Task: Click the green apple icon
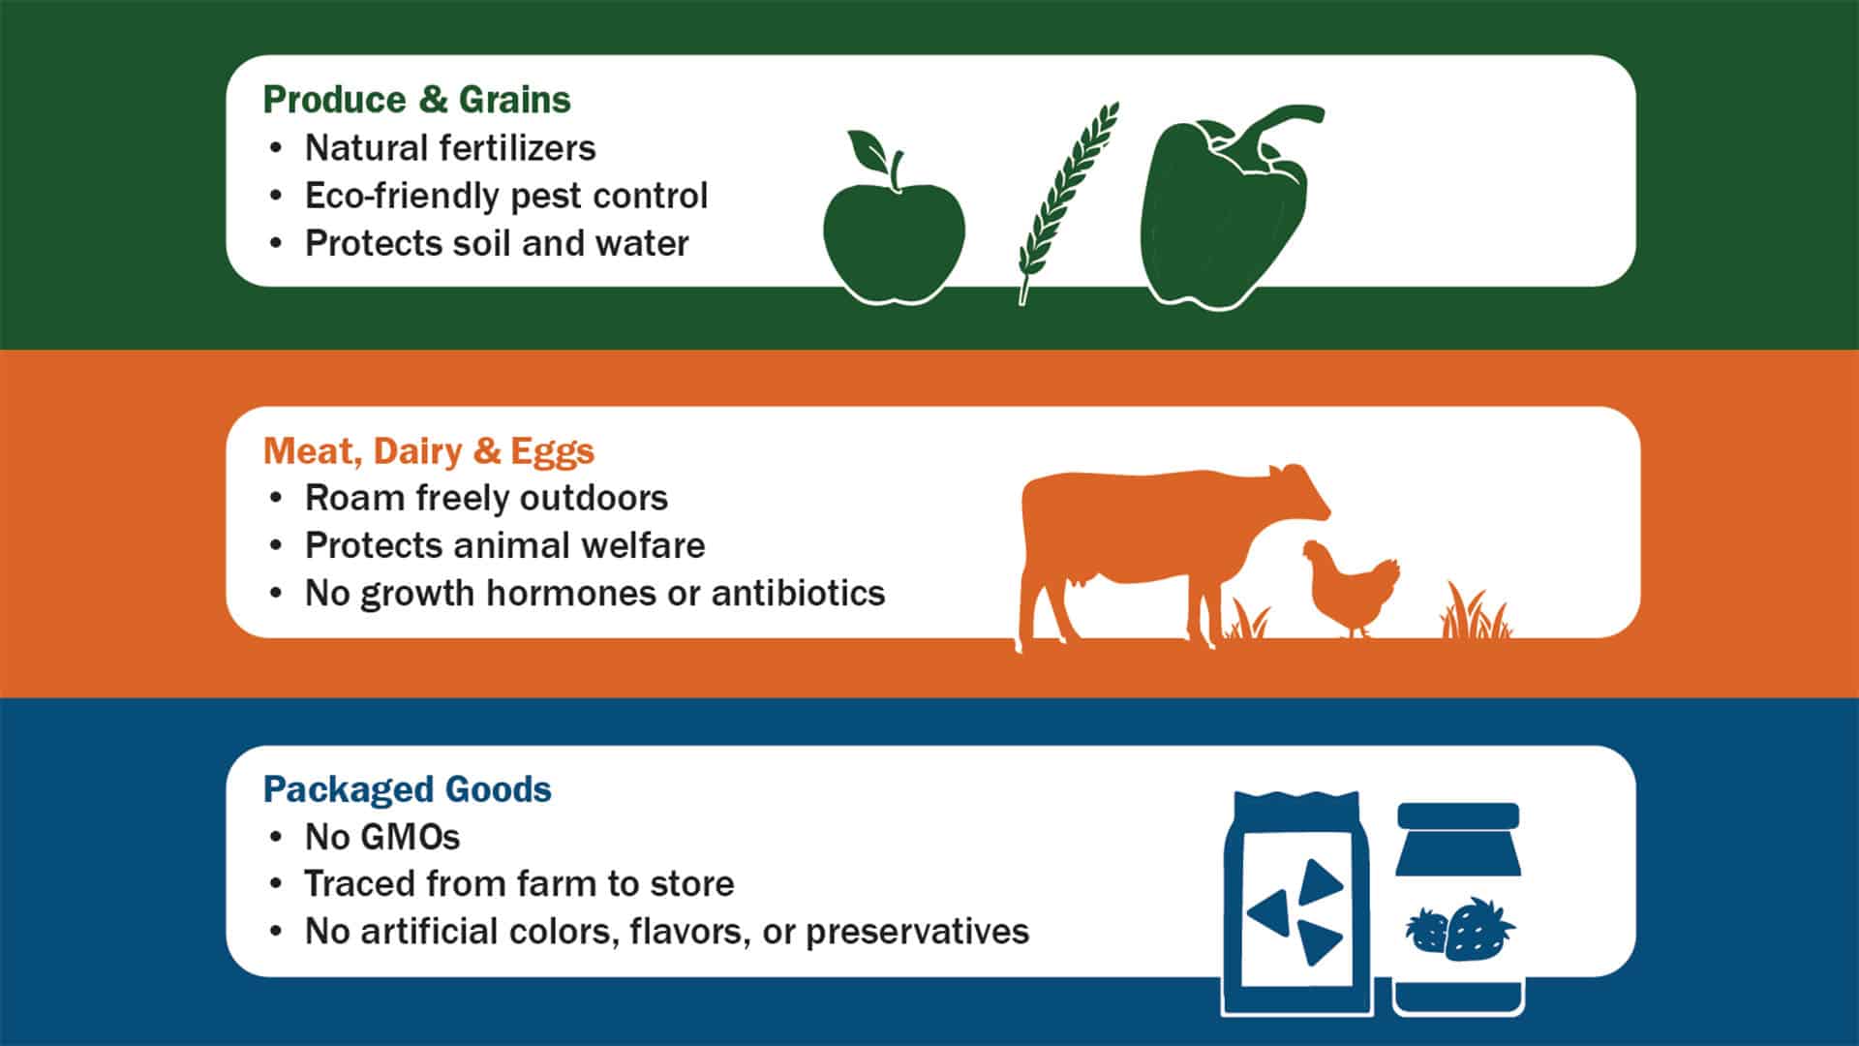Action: point(893,237)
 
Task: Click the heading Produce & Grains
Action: point(416,100)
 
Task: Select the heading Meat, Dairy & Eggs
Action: point(428,451)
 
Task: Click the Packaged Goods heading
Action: point(407,789)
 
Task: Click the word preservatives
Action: point(917,932)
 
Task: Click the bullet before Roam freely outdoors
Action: point(277,498)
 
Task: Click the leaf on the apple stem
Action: point(869,149)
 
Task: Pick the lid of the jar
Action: point(1458,815)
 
